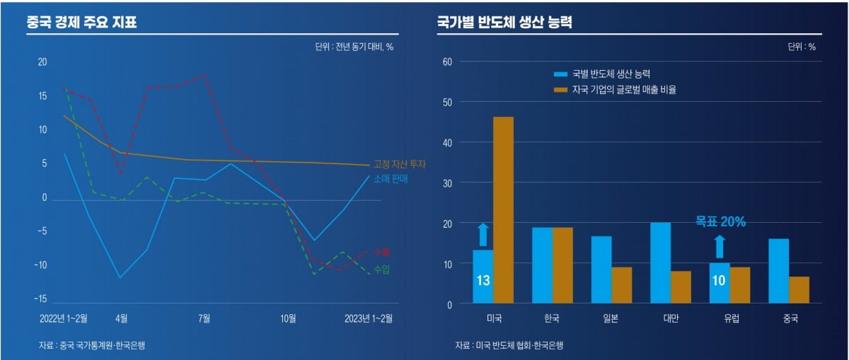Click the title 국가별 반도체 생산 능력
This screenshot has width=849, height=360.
pyautogui.click(x=504, y=22)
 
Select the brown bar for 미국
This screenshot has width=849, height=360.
pyautogui.click(x=503, y=210)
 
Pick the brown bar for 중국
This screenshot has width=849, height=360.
pyautogui.click(x=798, y=290)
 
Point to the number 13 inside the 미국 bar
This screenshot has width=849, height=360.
pyautogui.click(x=483, y=281)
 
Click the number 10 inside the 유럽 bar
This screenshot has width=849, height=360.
pyautogui.click(x=719, y=281)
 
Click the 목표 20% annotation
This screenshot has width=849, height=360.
pyautogui.click(x=720, y=221)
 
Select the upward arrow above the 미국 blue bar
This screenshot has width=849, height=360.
pyautogui.click(x=483, y=234)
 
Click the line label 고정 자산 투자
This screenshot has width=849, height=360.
pyautogui.click(x=400, y=164)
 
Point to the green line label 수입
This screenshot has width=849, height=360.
pyautogui.click(x=381, y=269)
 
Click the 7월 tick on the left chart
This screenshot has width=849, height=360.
pyautogui.click(x=204, y=318)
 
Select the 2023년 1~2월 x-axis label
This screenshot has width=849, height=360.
pyautogui.click(x=368, y=318)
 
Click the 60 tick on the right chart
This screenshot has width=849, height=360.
pyautogui.click(x=446, y=62)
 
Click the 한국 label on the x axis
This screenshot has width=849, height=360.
pyautogui.click(x=553, y=318)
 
